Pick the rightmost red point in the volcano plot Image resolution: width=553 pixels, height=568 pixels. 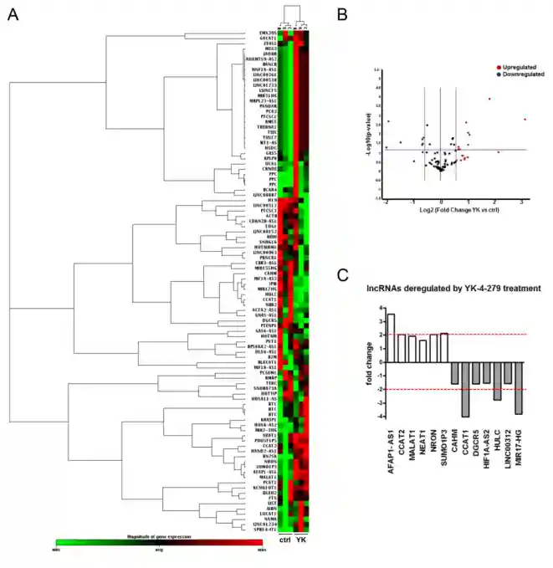coord(525,119)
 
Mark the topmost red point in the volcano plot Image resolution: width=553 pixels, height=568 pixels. coord(489,99)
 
